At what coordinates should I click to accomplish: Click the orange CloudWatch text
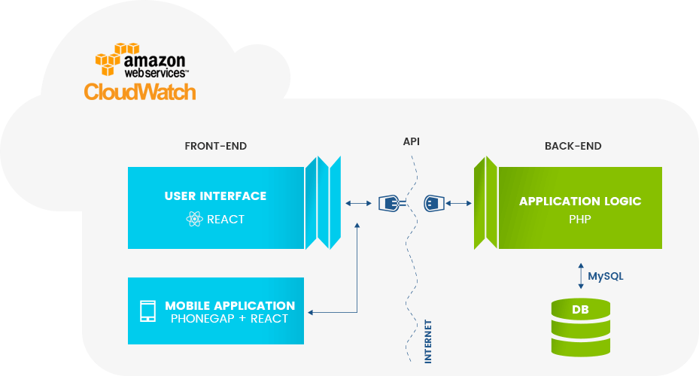(x=140, y=92)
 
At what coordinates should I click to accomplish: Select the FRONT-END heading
(x=215, y=146)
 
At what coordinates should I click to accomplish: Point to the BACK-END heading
(x=573, y=146)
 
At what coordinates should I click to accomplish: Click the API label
(x=412, y=141)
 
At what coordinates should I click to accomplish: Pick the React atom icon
(x=193, y=220)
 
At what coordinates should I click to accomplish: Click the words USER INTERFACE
(x=215, y=196)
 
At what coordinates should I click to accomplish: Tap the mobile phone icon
(x=148, y=311)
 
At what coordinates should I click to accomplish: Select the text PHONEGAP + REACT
(x=229, y=319)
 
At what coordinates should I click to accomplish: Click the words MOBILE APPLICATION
(x=229, y=305)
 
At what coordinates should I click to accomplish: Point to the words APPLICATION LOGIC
(x=580, y=202)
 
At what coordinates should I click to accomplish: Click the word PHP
(x=580, y=221)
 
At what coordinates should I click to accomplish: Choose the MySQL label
(x=606, y=276)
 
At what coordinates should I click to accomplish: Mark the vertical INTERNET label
(x=428, y=341)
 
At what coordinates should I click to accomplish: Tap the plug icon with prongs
(x=391, y=203)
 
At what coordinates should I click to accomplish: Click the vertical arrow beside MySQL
(x=579, y=275)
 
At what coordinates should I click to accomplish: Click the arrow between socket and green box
(x=458, y=203)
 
